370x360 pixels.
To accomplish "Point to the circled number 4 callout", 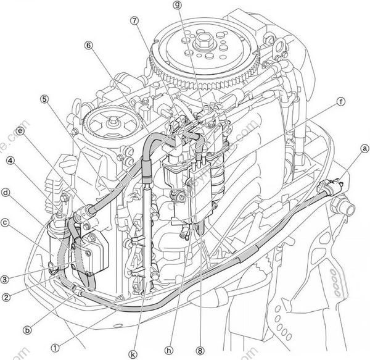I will tap(10, 161).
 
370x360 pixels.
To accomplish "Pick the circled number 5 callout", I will tap(44, 98).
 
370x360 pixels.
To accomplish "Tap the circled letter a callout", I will tap(364, 148).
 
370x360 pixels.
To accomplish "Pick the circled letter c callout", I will tap(5, 221).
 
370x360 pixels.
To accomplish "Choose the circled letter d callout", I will tap(5, 192).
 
